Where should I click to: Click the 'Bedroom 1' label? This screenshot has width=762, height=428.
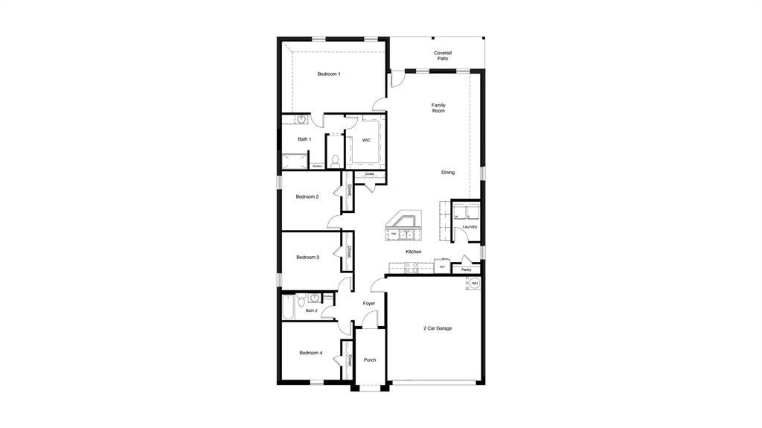pyautogui.click(x=329, y=74)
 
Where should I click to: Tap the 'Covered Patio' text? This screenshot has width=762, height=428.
pyautogui.click(x=443, y=56)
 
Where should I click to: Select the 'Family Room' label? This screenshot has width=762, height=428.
pyautogui.click(x=438, y=108)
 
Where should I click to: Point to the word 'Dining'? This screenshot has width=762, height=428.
pyautogui.click(x=447, y=173)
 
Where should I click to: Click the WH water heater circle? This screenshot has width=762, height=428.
pyautogui.click(x=474, y=284)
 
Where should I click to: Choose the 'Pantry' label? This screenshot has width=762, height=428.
pyautogui.click(x=466, y=269)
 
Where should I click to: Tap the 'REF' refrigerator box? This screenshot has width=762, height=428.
pyautogui.click(x=441, y=266)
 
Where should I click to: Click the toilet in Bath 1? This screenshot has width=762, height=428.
pyautogui.click(x=335, y=160)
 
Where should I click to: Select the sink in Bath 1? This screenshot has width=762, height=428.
pyautogui.click(x=303, y=119)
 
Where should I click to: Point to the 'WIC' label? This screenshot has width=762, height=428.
pyautogui.click(x=366, y=140)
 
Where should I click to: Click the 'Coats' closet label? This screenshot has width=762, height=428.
pyautogui.click(x=369, y=174)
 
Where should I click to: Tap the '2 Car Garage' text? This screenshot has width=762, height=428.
pyautogui.click(x=438, y=328)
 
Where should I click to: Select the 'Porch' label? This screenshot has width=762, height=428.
pyautogui.click(x=370, y=360)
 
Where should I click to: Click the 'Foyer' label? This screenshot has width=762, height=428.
pyautogui.click(x=369, y=304)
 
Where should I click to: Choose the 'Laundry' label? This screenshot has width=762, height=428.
pyautogui.click(x=470, y=227)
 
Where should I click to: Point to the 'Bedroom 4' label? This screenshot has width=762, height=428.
pyautogui.click(x=311, y=353)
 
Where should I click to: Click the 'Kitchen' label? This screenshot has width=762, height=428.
pyautogui.click(x=413, y=252)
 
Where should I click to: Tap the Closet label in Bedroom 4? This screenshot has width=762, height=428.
pyautogui.click(x=348, y=360)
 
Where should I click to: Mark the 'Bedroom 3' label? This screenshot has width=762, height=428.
pyautogui.click(x=307, y=258)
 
